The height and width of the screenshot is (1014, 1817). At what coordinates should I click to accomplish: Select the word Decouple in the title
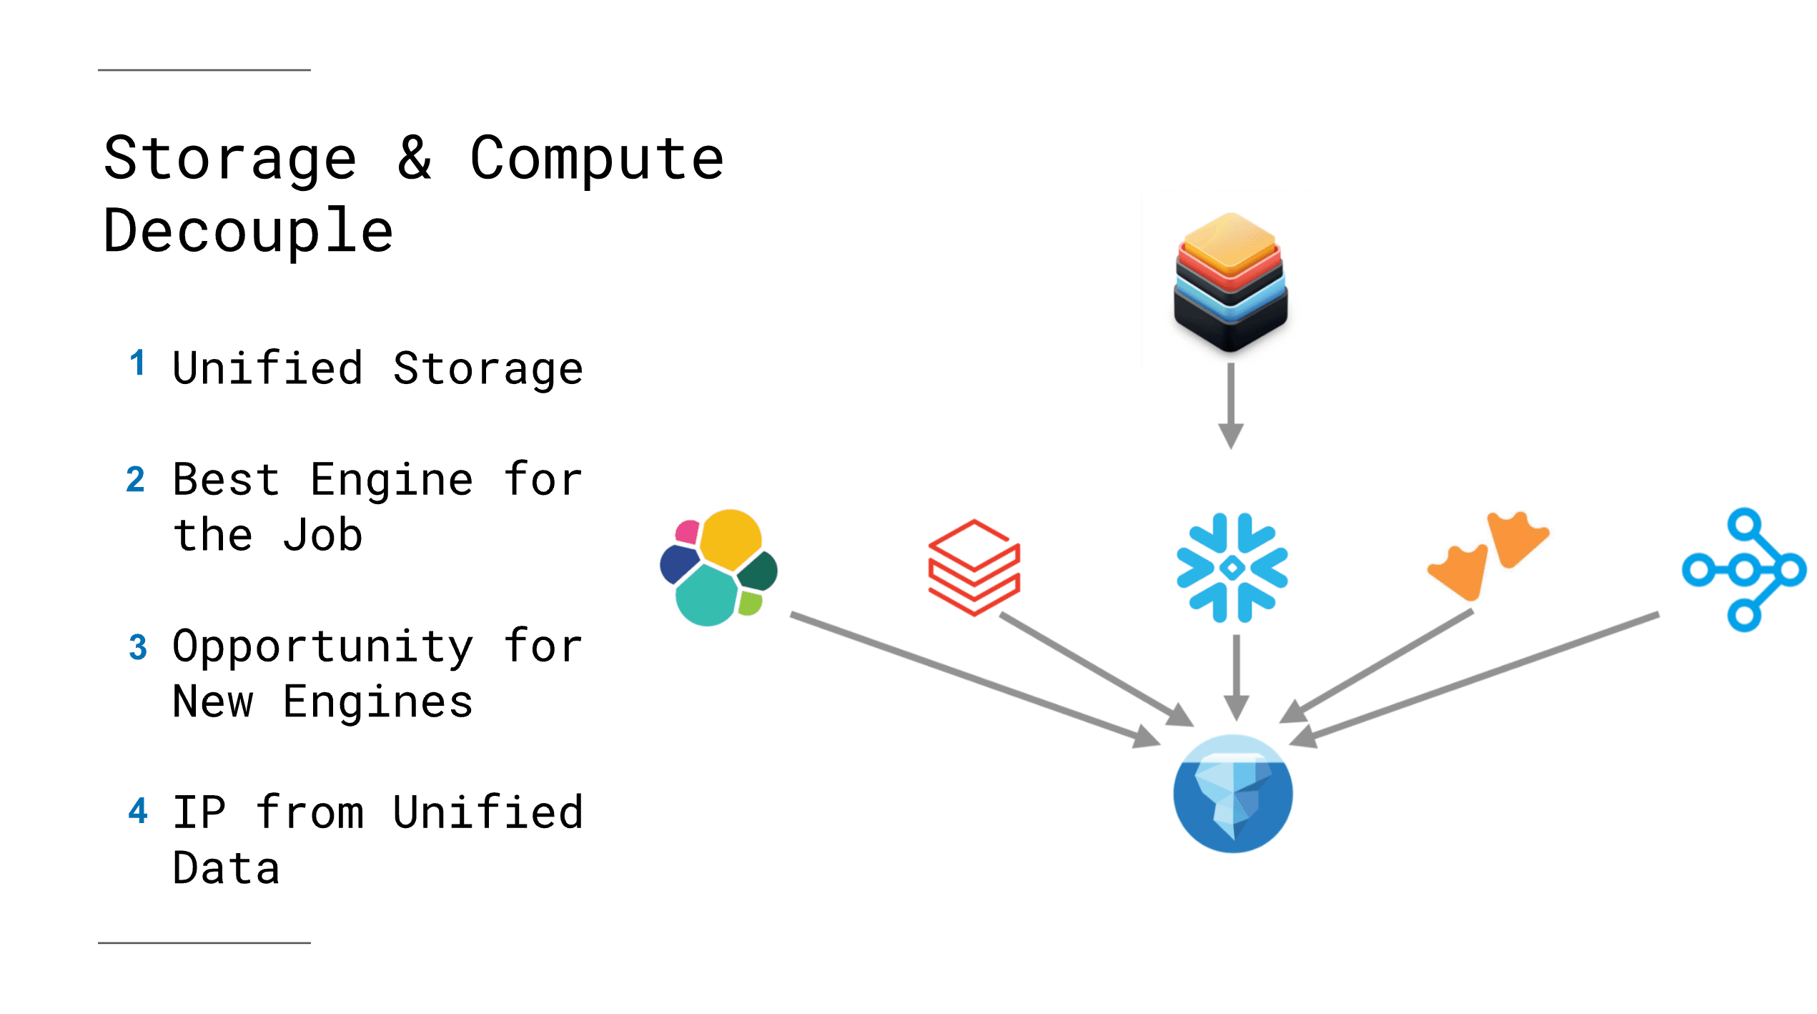(x=248, y=230)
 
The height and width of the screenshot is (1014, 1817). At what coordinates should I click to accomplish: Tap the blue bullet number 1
(x=138, y=363)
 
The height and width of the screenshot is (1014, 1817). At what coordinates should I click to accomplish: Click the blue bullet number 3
(x=138, y=647)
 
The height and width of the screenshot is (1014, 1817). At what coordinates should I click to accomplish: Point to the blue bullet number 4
(x=138, y=811)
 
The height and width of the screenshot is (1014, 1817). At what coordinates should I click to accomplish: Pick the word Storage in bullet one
(x=488, y=369)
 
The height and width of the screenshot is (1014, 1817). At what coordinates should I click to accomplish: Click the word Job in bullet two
(x=323, y=535)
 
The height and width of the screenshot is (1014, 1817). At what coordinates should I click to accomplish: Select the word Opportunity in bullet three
(x=323, y=646)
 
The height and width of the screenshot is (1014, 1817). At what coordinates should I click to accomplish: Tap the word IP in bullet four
(x=200, y=812)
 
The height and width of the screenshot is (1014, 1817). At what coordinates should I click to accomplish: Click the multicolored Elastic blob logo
(x=718, y=567)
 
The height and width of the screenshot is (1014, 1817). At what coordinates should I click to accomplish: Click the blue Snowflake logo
(x=1232, y=568)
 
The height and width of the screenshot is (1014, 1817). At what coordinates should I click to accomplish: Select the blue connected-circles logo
(x=1744, y=570)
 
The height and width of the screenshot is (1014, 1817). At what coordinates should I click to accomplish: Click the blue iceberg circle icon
(x=1233, y=794)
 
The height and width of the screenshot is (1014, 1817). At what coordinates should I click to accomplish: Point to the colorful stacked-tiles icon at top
(x=1230, y=282)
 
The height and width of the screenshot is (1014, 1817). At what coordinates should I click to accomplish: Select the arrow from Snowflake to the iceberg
(x=1236, y=676)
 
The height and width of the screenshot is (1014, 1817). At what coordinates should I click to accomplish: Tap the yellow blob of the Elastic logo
(x=731, y=538)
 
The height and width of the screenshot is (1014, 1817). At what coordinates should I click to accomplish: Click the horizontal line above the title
(x=204, y=70)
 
